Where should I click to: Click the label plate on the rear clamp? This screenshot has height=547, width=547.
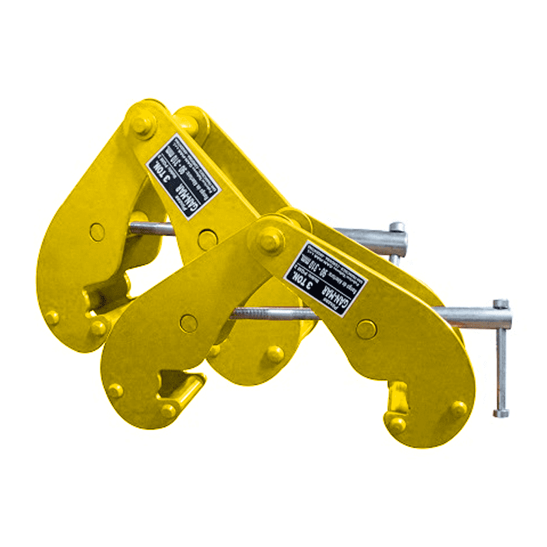point(183,177)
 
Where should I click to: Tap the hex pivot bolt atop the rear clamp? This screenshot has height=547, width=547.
point(142,126)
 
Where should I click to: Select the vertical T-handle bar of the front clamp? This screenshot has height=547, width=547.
point(501,359)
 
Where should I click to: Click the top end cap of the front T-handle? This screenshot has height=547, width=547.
point(501,304)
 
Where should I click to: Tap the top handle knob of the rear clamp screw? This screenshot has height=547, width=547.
point(396,226)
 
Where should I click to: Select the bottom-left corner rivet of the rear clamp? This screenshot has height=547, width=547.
point(52,317)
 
